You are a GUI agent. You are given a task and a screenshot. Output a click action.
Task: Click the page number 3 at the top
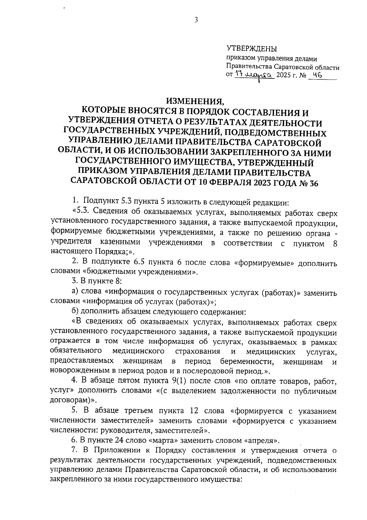[x=196, y=20]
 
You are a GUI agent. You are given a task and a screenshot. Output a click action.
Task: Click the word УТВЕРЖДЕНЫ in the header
[x=251, y=49]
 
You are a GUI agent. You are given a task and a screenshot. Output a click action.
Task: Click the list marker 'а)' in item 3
[x=75, y=292]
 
